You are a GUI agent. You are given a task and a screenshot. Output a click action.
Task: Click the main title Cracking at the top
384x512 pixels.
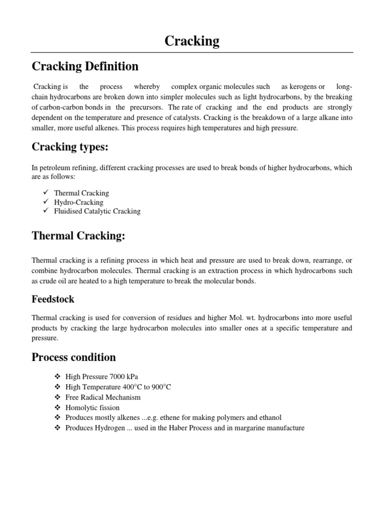[x=192, y=41]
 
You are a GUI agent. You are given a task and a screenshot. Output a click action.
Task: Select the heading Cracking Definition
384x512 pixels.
[x=85, y=66]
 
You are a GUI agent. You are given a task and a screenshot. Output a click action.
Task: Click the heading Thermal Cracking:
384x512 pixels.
[x=78, y=236]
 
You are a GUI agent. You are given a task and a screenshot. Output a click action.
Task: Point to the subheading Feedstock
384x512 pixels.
[x=53, y=299]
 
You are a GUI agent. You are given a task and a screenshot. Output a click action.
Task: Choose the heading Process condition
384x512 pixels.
[x=73, y=357]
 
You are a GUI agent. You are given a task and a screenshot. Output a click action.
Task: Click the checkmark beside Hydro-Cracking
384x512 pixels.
[x=45, y=202]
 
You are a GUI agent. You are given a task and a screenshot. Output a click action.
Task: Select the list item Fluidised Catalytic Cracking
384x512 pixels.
[x=97, y=211]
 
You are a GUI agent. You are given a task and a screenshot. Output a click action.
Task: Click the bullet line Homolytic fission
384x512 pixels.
[x=92, y=407]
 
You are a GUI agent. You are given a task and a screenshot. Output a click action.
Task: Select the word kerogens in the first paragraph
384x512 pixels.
[x=302, y=86]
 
